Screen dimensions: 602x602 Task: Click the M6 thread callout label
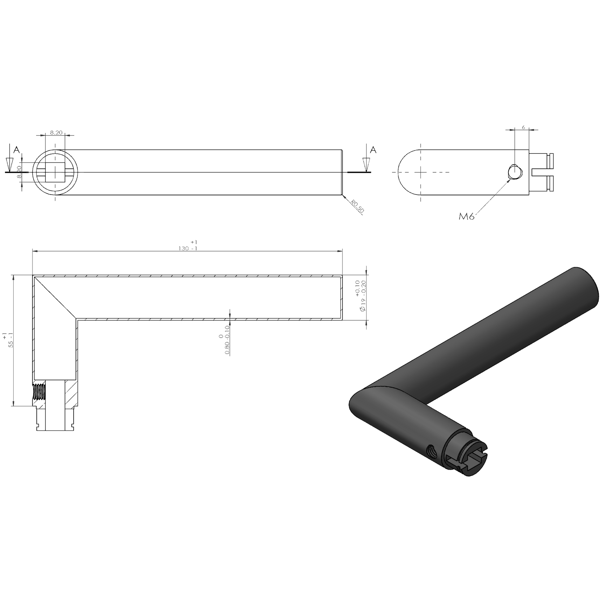tap(466, 216)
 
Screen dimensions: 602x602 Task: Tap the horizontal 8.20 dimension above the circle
tap(56, 132)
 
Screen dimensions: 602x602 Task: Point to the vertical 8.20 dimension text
tap(19, 172)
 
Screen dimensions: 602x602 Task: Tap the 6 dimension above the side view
tap(523, 127)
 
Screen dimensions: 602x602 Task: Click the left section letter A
tap(16, 150)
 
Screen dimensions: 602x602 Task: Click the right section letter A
tap(373, 150)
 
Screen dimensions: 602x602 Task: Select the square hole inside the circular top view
tap(55, 172)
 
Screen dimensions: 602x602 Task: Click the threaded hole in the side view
tap(514, 172)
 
